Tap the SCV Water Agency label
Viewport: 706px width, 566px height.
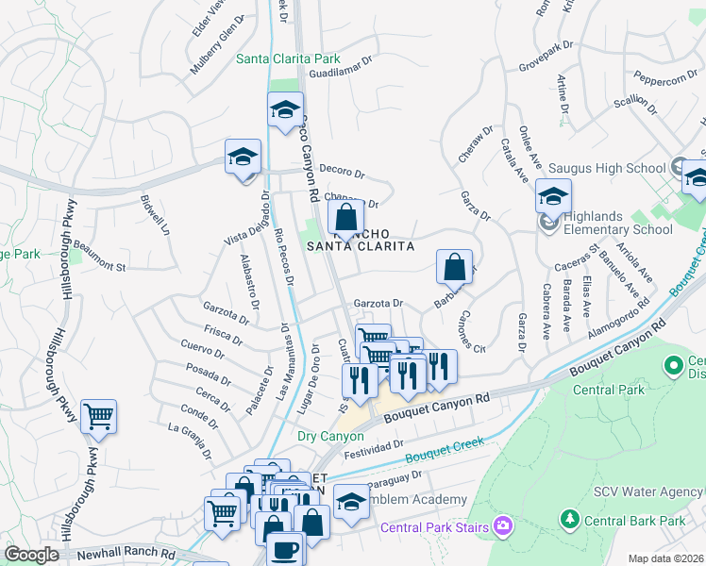647,491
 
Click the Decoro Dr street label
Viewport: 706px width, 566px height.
342,173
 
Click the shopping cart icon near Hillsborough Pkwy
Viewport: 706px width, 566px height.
98,415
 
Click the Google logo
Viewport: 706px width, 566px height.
31,555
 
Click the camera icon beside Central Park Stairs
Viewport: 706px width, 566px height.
503,524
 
